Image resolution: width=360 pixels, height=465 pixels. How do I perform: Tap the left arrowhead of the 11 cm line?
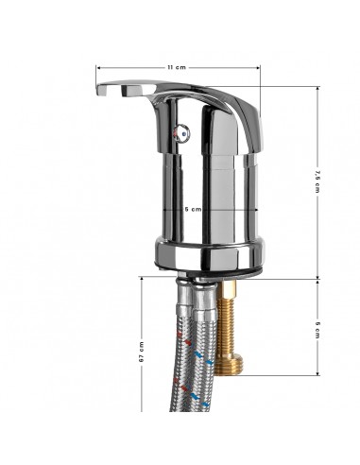pos(97,68)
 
